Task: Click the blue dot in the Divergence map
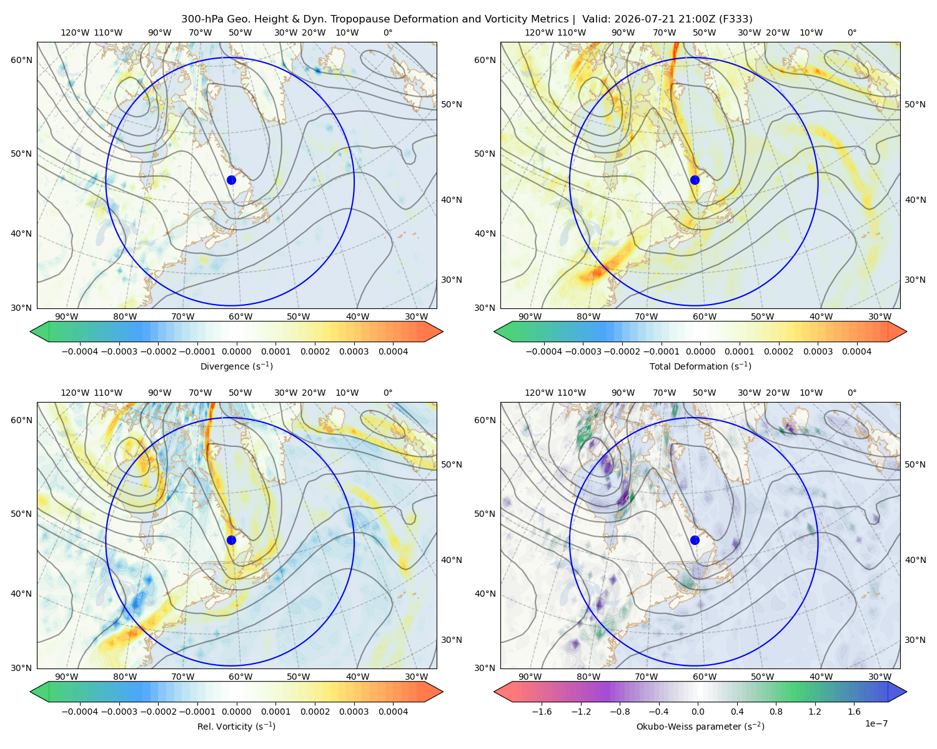click(231, 180)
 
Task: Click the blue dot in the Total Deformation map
click(695, 180)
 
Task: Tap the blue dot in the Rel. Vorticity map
click(231, 540)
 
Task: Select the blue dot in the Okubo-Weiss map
click(695, 540)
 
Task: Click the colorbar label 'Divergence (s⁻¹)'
click(236, 366)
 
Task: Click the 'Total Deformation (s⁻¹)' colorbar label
click(700, 366)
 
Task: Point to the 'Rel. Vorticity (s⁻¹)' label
click(236, 726)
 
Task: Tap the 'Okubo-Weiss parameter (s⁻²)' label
click(700, 726)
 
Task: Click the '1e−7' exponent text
click(876, 723)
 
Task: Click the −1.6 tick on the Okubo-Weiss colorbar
click(542, 711)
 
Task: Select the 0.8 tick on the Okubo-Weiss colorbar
click(776, 711)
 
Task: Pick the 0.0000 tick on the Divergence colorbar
click(236, 351)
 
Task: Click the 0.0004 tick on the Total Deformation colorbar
click(857, 351)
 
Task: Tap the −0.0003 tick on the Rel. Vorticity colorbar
click(119, 711)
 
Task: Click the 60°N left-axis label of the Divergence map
click(21, 60)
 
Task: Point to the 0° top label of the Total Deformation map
click(851, 32)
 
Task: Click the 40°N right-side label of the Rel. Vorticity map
click(452, 560)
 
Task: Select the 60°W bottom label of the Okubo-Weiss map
click(704, 677)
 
